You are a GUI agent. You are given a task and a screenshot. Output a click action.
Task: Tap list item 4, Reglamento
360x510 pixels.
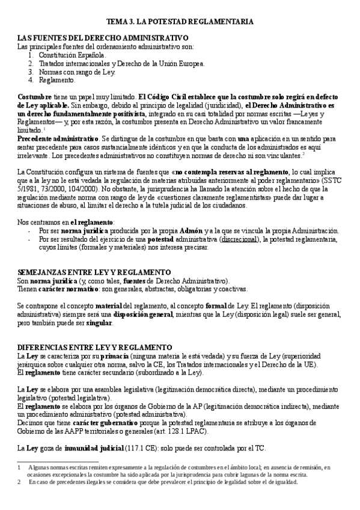pos(57,80)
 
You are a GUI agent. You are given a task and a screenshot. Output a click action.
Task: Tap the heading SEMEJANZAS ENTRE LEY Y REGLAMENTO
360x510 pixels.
pos(94,272)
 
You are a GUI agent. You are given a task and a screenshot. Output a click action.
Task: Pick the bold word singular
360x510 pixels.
pos(99,322)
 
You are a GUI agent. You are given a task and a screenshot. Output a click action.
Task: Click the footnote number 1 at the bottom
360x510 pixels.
pos(20,467)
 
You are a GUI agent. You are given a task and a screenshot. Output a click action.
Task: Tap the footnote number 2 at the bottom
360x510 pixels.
pos(20,482)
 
